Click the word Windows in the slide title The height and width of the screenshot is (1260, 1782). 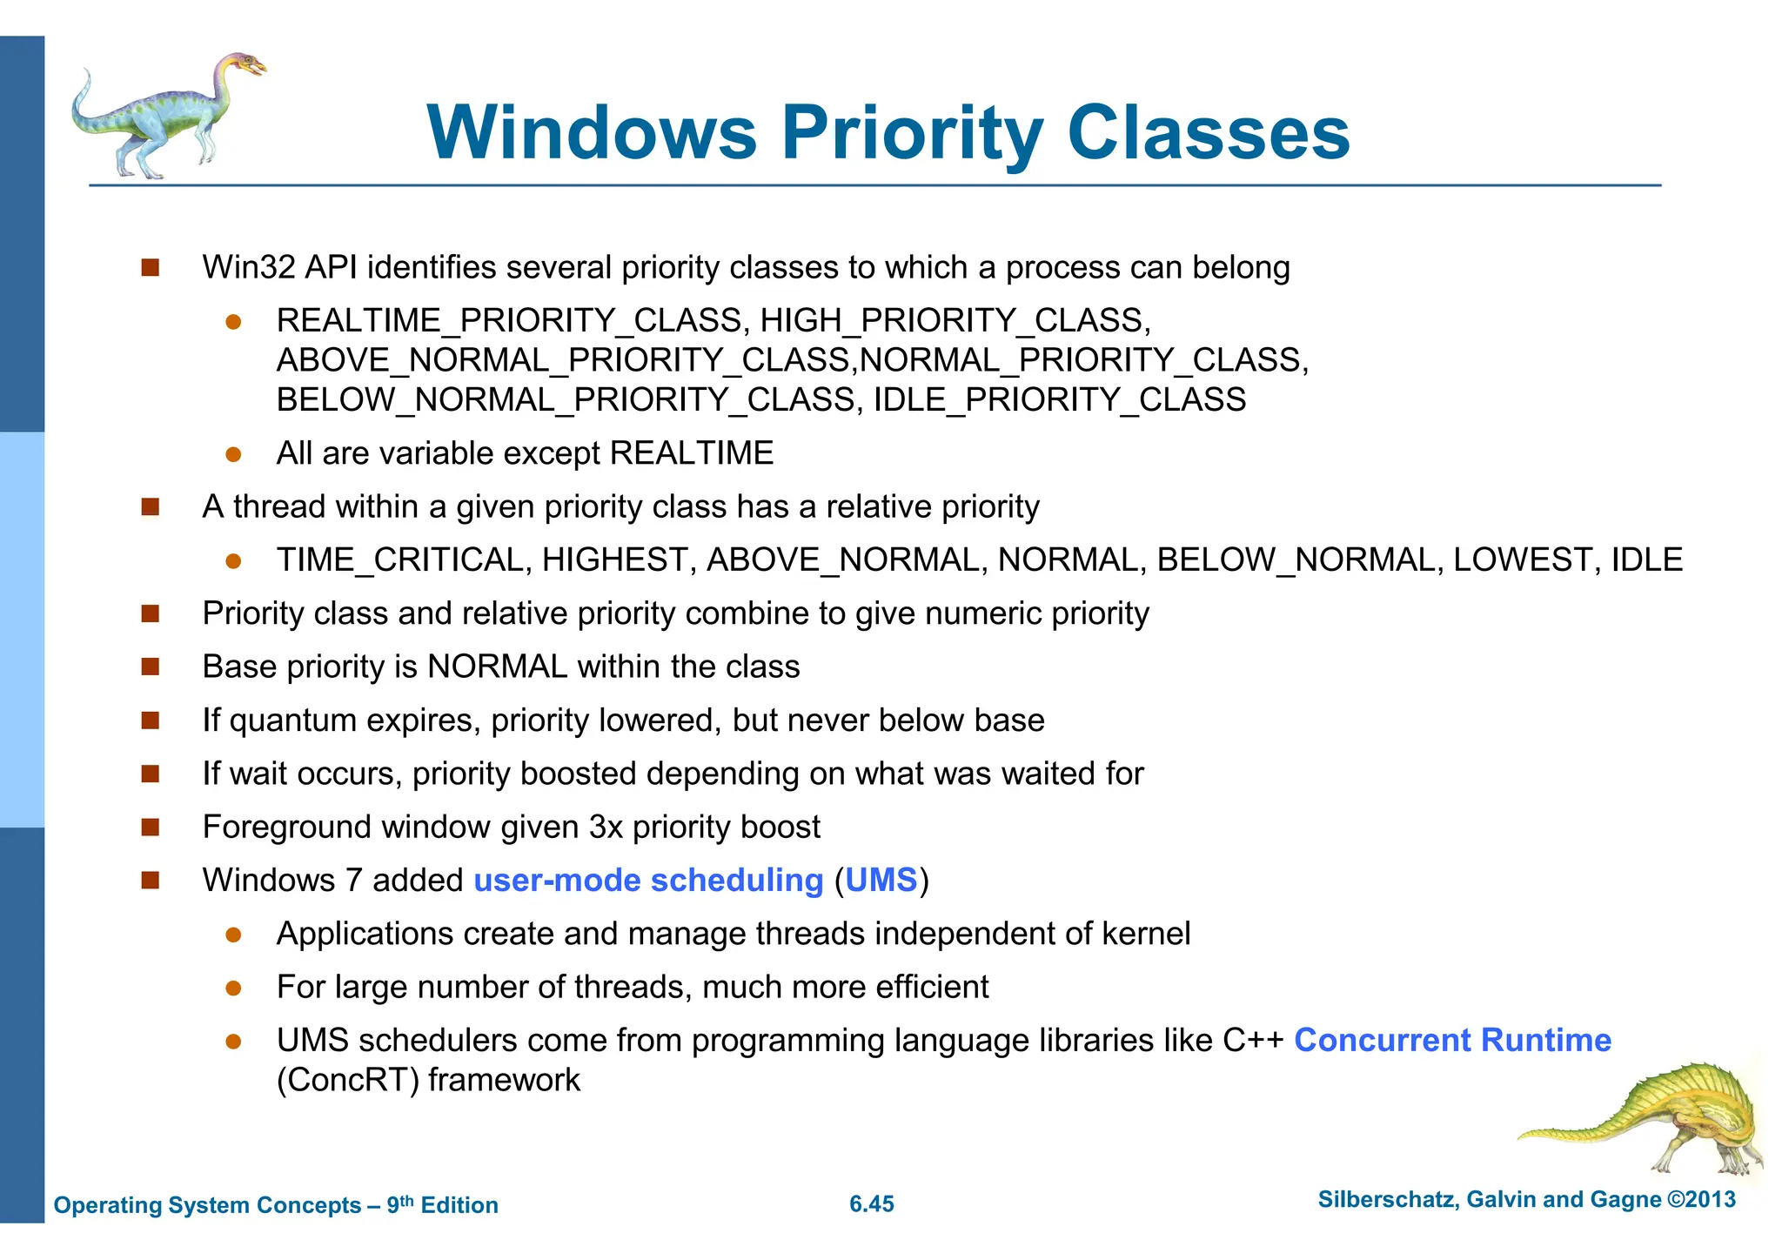click(x=592, y=132)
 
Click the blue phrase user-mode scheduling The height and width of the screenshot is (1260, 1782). click(x=648, y=881)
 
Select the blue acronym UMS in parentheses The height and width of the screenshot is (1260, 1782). click(x=881, y=881)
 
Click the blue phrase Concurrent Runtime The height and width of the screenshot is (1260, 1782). click(x=1452, y=1041)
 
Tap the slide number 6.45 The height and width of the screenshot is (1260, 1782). click(x=872, y=1204)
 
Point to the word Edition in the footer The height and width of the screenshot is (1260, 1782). click(x=459, y=1205)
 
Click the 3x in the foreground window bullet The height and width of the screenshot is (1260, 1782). click(x=606, y=828)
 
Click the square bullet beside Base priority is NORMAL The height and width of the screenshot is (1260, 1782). click(x=151, y=667)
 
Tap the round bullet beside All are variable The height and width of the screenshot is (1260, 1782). click(x=233, y=454)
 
